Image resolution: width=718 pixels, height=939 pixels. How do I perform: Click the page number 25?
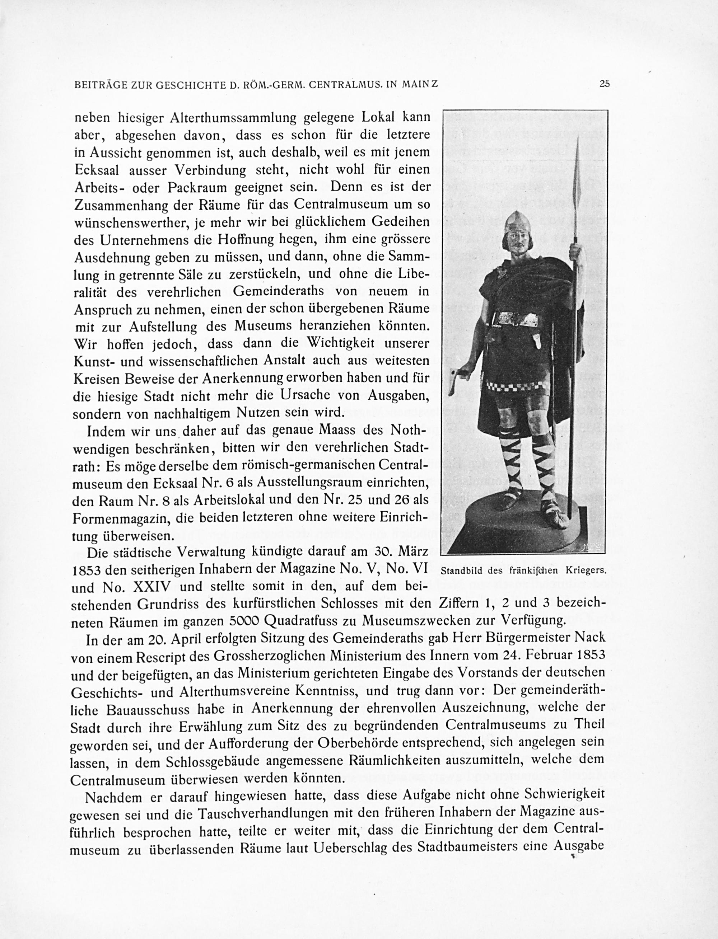click(x=604, y=84)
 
